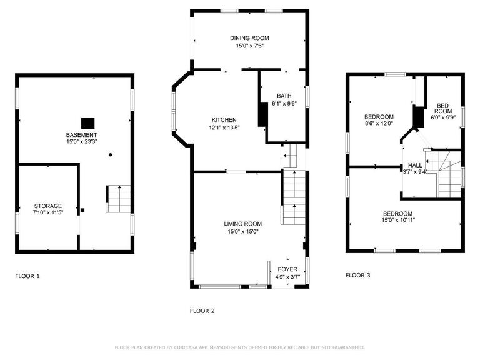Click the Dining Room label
[249, 38]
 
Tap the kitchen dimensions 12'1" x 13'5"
[224, 127]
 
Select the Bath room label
[284, 96]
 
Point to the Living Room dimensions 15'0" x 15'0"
[242, 232]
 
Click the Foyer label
[287, 269]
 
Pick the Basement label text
[81, 135]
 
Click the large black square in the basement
[88, 123]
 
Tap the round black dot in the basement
[111, 155]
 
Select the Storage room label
[47, 206]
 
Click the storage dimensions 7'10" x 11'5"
[47, 212]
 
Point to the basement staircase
[119, 199]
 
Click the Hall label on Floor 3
[415, 165]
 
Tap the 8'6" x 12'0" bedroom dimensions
[379, 123]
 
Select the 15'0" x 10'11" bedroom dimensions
[398, 220]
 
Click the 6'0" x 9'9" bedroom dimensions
[442, 117]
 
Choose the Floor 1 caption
[27, 276]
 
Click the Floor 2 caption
[202, 311]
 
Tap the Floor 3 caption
[358, 275]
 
